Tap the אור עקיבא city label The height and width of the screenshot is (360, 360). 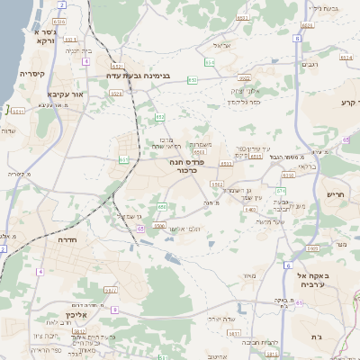point(64,93)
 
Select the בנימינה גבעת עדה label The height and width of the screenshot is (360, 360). point(140,77)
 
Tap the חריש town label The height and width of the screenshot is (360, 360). point(335,193)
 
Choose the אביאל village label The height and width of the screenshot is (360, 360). point(222,44)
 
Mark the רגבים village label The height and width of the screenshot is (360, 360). point(309,63)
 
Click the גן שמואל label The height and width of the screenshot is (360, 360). point(131,217)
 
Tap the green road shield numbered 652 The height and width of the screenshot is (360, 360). point(159,118)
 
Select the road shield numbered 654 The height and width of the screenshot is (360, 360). point(210,62)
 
